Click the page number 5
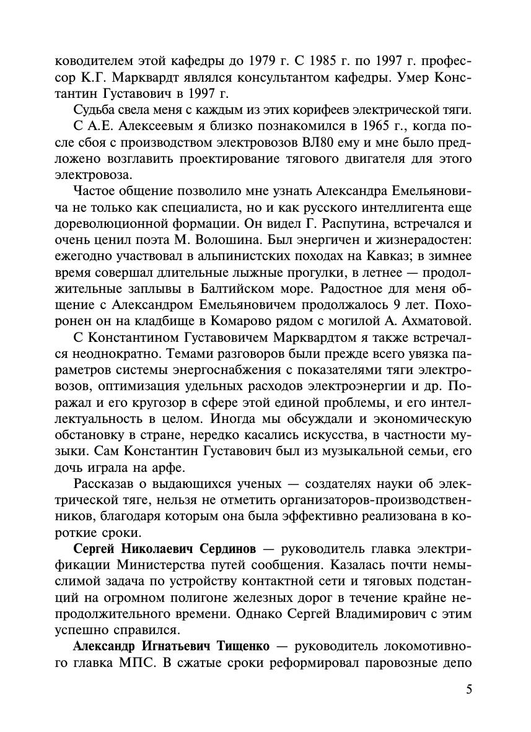pyautogui.click(x=468, y=690)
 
